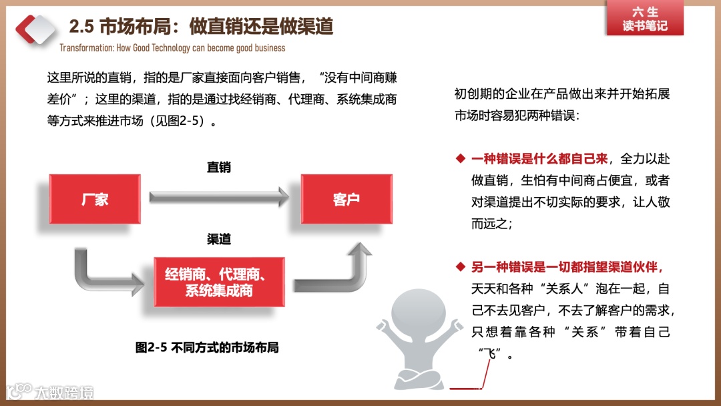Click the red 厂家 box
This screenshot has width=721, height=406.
click(95, 199)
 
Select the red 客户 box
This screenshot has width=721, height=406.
click(346, 199)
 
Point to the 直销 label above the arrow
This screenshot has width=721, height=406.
click(218, 168)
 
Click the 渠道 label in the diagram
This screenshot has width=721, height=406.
click(218, 239)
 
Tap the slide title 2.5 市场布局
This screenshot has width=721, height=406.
click(201, 26)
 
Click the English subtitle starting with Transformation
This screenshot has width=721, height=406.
click(172, 48)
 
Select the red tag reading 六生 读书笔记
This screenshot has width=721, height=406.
click(644, 19)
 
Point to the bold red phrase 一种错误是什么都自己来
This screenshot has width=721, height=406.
click(539, 159)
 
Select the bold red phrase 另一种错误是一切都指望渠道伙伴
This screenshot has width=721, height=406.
click(567, 267)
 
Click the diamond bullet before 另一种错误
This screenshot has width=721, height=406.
click(460, 267)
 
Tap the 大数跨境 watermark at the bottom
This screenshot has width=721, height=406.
click(50, 392)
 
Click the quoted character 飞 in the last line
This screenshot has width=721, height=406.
click(493, 353)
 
